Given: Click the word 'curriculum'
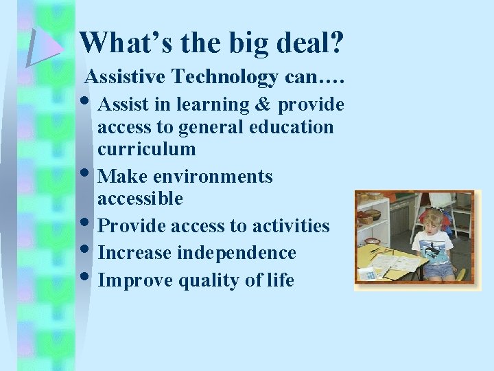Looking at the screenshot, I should tap(146, 149).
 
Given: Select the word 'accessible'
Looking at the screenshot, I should tap(140, 199).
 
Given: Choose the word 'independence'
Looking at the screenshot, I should tap(237, 253).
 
